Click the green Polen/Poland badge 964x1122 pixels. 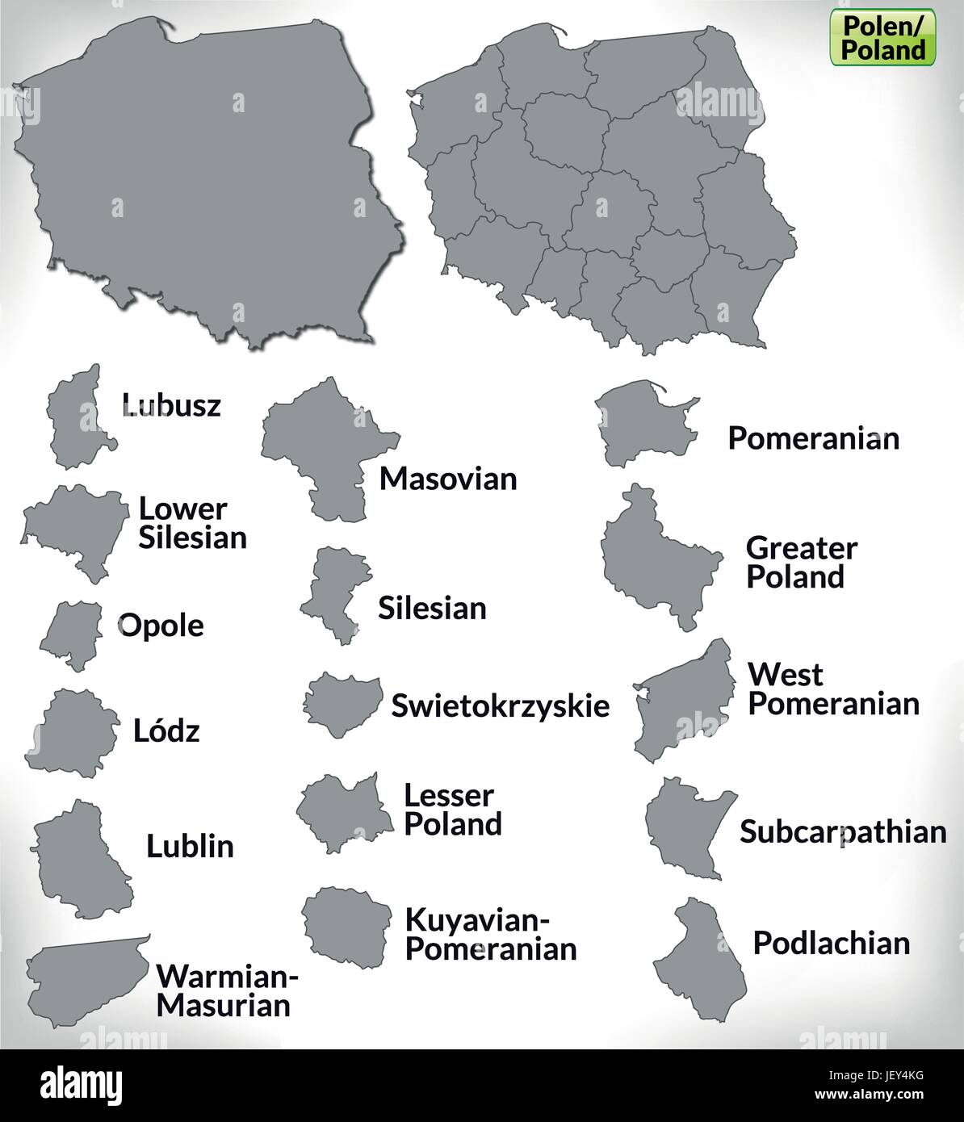(x=883, y=37)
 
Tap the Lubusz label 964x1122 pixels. (x=170, y=404)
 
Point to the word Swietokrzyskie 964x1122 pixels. (x=500, y=705)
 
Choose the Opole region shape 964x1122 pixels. (x=70, y=634)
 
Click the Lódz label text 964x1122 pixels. (x=166, y=731)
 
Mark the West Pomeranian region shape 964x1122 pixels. (x=686, y=702)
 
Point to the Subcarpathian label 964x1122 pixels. (x=843, y=831)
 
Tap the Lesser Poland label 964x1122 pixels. (x=452, y=810)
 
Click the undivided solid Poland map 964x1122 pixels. (x=202, y=178)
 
